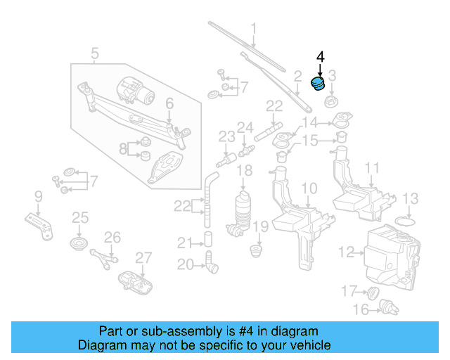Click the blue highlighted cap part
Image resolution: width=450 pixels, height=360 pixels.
click(318, 84)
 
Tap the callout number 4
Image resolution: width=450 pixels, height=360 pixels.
click(320, 56)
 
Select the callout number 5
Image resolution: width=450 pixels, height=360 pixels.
click(94, 52)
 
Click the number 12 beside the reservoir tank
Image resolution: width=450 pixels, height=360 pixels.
click(345, 251)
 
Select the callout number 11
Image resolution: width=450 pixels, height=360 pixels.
click(372, 168)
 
